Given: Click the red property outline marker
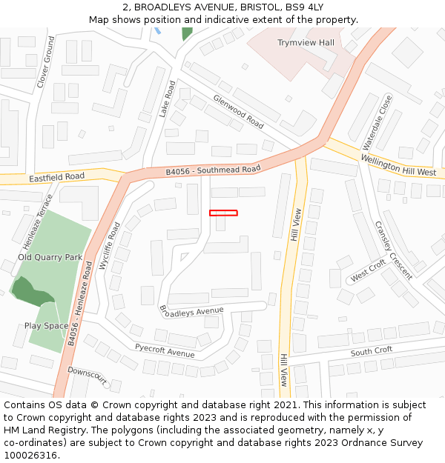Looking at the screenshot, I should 223,213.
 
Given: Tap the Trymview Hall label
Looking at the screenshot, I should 306,43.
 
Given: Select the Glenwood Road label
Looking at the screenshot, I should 238,111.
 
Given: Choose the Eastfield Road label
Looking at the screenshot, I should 56,178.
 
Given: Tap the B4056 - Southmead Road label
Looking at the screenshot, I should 213,170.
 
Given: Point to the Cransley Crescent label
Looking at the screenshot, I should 393,250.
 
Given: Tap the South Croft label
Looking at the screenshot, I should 372,351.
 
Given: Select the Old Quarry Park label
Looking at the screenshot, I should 50,257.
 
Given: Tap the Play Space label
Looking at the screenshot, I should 46,325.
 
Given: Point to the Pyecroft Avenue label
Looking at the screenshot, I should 165,350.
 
